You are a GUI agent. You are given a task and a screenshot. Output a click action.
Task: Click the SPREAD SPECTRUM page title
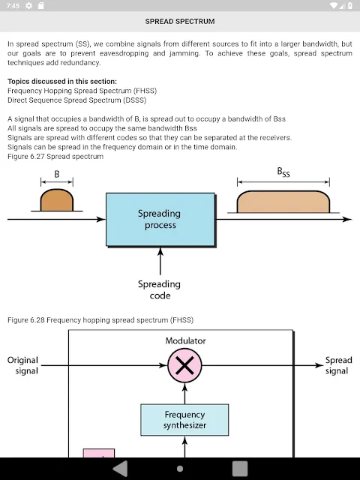point(180,22)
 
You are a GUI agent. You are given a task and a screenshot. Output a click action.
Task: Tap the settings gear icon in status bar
point(28,5)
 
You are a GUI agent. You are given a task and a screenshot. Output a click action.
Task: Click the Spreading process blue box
point(160,219)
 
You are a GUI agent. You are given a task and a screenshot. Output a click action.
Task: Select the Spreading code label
point(159,289)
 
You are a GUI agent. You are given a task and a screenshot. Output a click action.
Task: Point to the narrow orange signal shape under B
point(57,200)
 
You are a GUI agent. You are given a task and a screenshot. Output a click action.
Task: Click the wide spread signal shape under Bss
point(283,202)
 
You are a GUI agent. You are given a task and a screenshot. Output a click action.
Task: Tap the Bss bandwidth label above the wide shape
point(283,172)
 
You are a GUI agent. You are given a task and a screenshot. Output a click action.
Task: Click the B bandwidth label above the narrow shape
point(57,174)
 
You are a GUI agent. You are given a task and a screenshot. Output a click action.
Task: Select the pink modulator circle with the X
point(184,365)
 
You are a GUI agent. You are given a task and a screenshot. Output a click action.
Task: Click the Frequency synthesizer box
point(184,420)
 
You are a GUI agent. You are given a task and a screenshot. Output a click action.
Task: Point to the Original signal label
point(23,365)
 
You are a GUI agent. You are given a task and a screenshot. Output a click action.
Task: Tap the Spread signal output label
point(338,365)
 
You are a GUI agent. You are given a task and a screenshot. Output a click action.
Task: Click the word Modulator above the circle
point(185,340)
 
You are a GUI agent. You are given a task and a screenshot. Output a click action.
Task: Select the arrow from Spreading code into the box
point(160,261)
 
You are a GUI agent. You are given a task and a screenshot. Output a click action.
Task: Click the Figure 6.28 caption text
point(100,320)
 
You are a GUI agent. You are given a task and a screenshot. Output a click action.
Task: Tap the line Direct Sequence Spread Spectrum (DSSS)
point(76,100)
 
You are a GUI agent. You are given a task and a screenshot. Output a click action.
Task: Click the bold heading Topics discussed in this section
point(62,82)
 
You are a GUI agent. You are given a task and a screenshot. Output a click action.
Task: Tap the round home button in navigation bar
point(180,469)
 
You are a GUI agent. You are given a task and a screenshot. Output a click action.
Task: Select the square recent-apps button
point(240,469)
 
